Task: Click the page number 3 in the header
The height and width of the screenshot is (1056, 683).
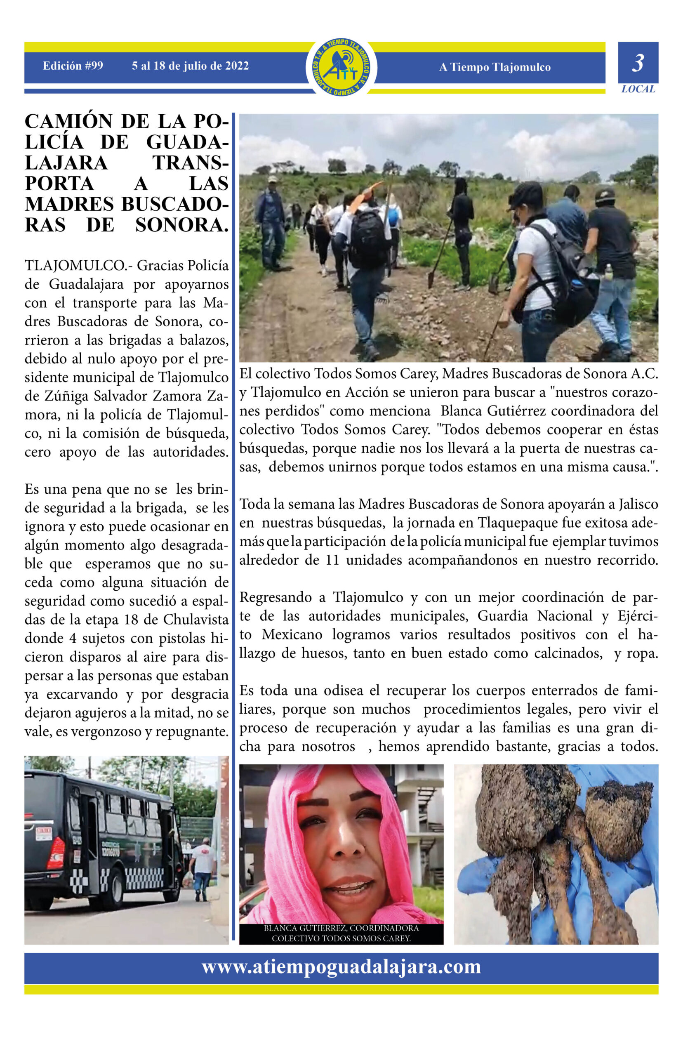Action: [637, 64]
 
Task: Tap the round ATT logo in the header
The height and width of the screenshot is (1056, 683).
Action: [341, 67]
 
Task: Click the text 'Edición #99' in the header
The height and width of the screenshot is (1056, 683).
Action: [73, 66]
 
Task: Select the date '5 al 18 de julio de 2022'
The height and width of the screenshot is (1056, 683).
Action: [190, 66]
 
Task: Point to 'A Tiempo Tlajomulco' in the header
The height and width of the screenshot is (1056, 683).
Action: [495, 67]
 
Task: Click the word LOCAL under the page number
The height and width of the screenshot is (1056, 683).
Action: [638, 89]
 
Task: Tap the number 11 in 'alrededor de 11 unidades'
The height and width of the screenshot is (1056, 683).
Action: [332, 560]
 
